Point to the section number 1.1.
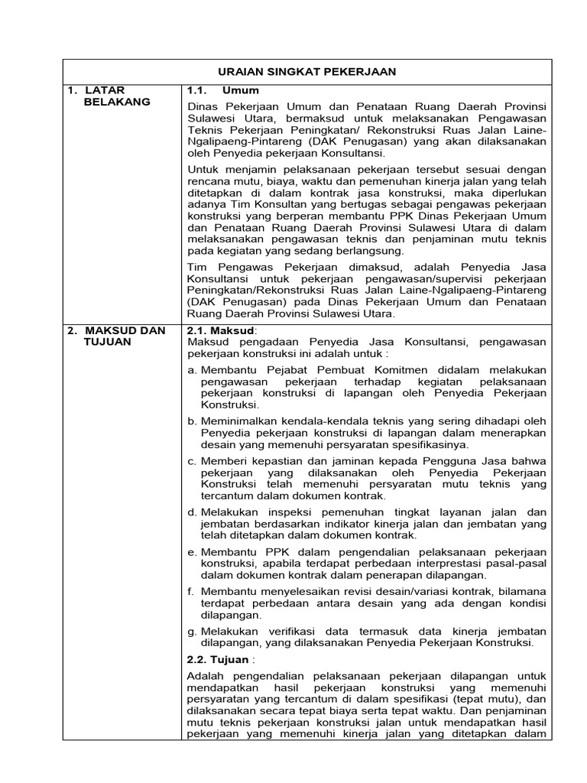[197, 90]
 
